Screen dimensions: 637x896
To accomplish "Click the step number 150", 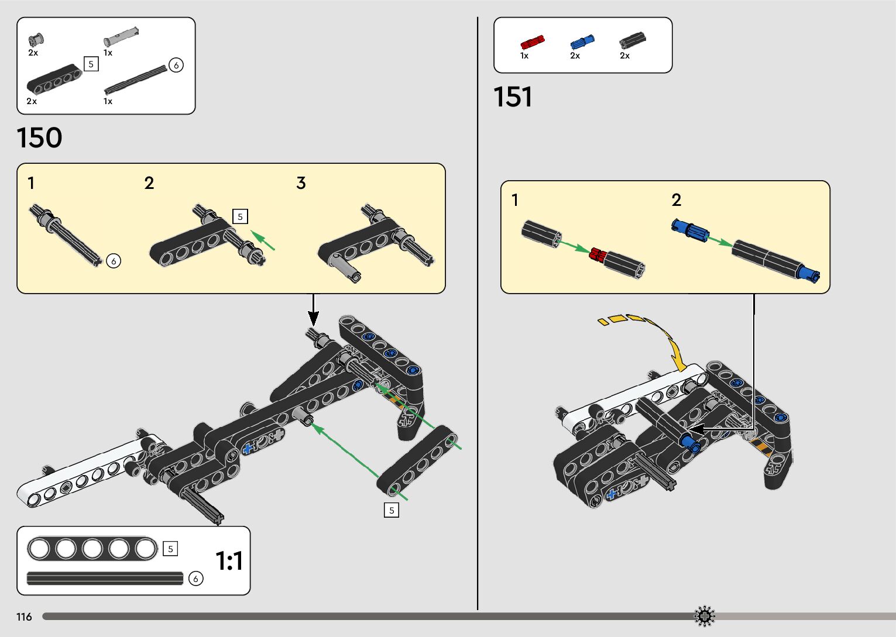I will tap(39, 138).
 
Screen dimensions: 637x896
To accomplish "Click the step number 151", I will tap(513, 97).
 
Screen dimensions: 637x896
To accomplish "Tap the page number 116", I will tap(24, 617).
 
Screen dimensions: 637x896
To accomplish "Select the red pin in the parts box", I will tap(532, 42).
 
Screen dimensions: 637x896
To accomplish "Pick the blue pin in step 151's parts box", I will tap(582, 42).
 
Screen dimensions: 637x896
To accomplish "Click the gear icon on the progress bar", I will tap(705, 616).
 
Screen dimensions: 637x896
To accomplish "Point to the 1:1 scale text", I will tap(229, 561).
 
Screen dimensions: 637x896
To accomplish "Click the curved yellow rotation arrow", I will tap(655, 336).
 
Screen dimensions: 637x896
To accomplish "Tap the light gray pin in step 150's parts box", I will tap(121, 37).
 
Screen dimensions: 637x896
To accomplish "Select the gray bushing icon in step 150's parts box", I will tap(36, 39).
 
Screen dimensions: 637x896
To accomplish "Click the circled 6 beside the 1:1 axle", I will tap(195, 579).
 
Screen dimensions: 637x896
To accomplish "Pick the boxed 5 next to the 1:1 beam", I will tap(170, 549).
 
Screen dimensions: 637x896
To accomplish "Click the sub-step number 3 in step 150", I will tap(301, 183).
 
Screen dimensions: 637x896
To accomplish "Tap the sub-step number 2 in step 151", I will tap(677, 200).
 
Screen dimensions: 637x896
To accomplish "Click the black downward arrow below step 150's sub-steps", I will tap(314, 311).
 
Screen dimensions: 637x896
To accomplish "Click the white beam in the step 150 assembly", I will tap(88, 471).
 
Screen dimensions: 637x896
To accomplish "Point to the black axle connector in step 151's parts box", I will tap(632, 40).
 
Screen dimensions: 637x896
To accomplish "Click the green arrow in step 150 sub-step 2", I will tap(263, 240).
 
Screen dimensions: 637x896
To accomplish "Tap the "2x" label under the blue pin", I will tap(575, 56).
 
